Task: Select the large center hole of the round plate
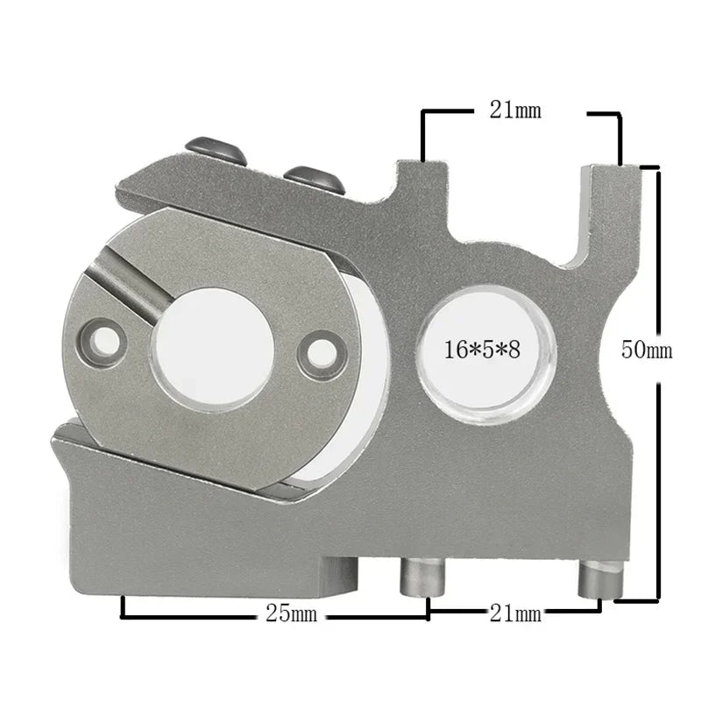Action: click(213, 348)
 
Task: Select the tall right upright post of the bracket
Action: click(603, 210)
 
